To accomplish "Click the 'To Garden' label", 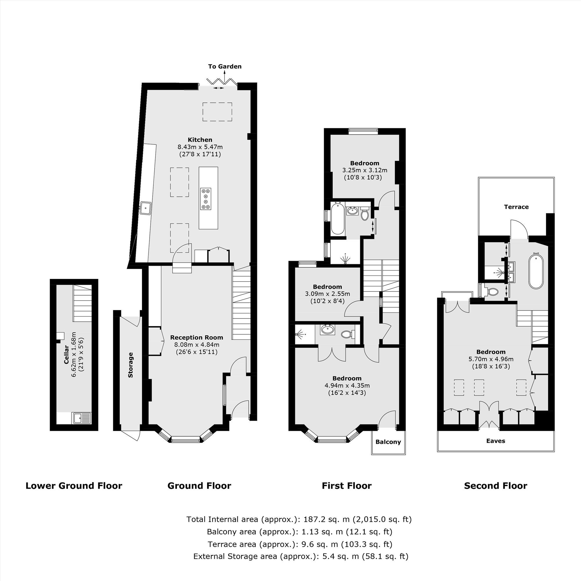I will coord(225,67).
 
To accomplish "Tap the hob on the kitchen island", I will coord(206,198).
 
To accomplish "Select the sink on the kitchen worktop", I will coord(146,207).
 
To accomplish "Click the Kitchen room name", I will coord(200,139).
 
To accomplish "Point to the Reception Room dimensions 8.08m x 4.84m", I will coord(197,345).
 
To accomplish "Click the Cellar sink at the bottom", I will coord(82,418).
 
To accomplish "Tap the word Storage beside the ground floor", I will coord(130,365).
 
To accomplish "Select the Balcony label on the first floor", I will coord(388,442).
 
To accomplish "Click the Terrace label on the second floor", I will coord(516,207).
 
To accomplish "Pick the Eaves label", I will coord(496,441).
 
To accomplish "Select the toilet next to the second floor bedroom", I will coord(492,291).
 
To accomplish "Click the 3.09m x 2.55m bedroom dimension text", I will coord(327,293).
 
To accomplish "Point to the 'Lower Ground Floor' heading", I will coord(74,486).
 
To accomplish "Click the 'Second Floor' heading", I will coord(495,486).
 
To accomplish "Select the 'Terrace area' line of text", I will coord(300,544).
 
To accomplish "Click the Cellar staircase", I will coord(82,303).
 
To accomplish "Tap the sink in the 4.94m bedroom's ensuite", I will coord(327,330).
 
